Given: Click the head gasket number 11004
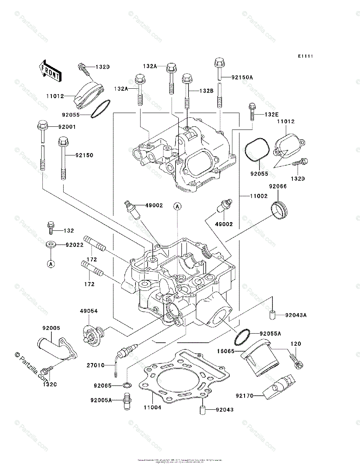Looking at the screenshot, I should [152, 407].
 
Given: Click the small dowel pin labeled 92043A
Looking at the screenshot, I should [272, 314].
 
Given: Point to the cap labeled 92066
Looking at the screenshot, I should [280, 209].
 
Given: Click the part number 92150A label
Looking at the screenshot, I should [242, 77].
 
